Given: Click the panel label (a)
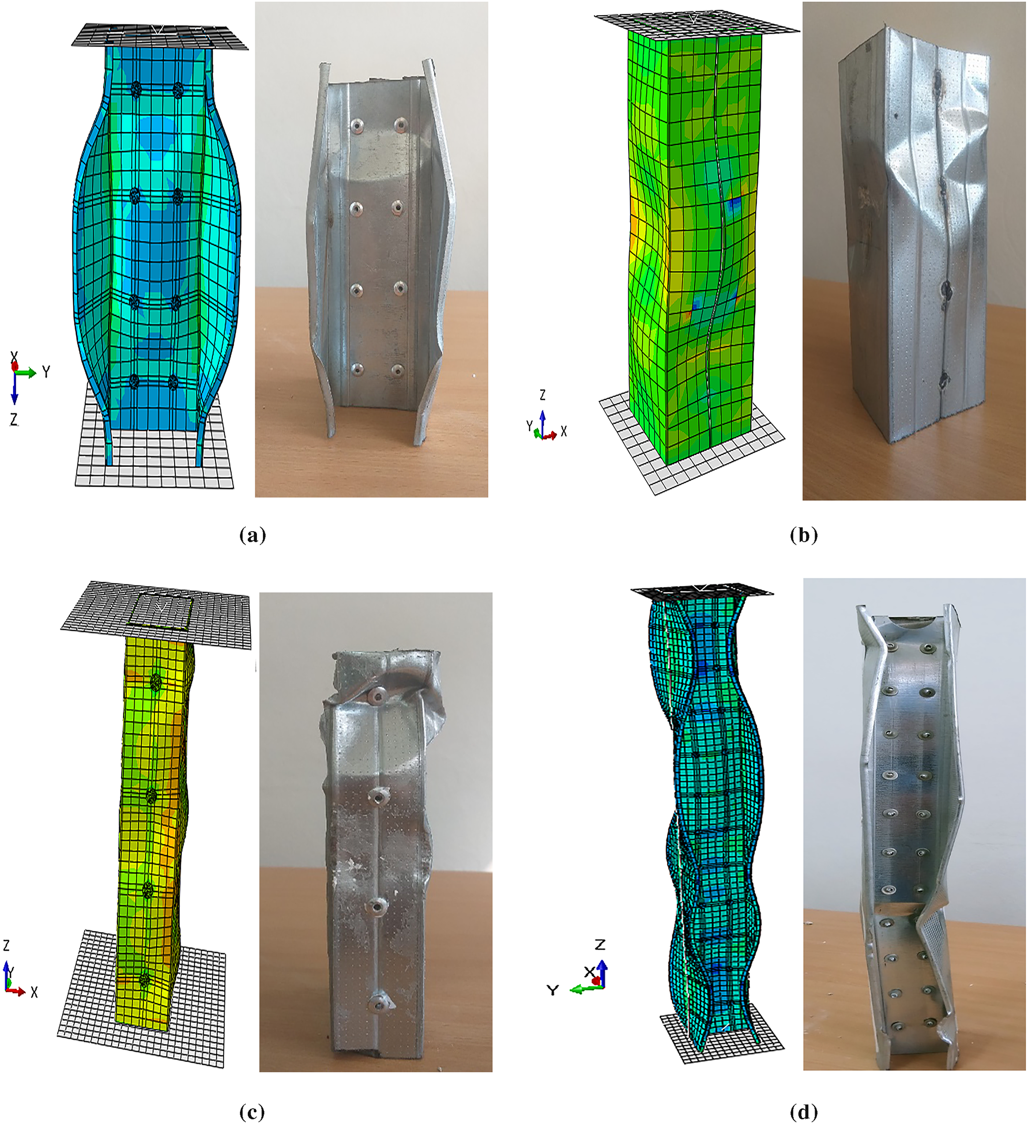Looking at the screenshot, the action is coord(253,535).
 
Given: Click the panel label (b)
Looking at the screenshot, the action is coord(804,535).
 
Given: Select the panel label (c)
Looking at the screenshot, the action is coord(252,1112).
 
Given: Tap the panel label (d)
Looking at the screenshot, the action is coord(804,1112).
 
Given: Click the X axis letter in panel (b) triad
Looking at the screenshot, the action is coord(563,431).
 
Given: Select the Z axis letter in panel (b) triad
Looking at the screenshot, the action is coord(542,395).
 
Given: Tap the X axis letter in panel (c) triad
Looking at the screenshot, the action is coord(35,992).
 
